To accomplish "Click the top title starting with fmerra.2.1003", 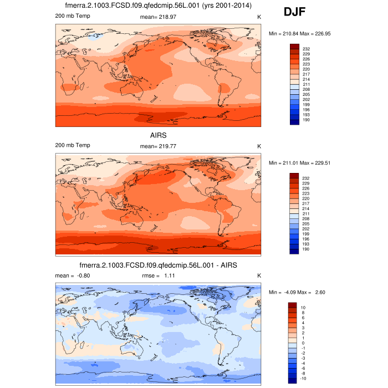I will (158, 6).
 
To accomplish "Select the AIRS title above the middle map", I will (158, 135).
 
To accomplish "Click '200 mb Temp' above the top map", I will (73, 16).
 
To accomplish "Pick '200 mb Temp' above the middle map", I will (73, 145).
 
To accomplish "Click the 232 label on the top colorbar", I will (306, 49).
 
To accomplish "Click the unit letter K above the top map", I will (259, 17).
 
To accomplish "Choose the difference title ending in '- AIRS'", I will (158, 266).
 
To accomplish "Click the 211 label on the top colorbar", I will (306, 84).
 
